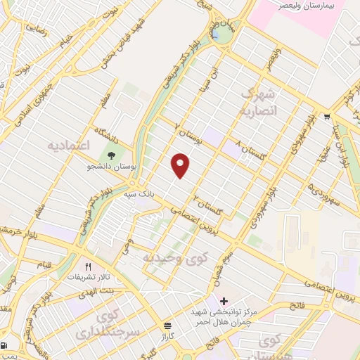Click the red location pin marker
coord(181,165)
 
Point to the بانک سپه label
coord(139,192)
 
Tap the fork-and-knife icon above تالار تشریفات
coord(89,266)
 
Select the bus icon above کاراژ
coord(167,326)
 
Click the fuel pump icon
coord(6,345)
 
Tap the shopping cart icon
coord(327,116)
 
